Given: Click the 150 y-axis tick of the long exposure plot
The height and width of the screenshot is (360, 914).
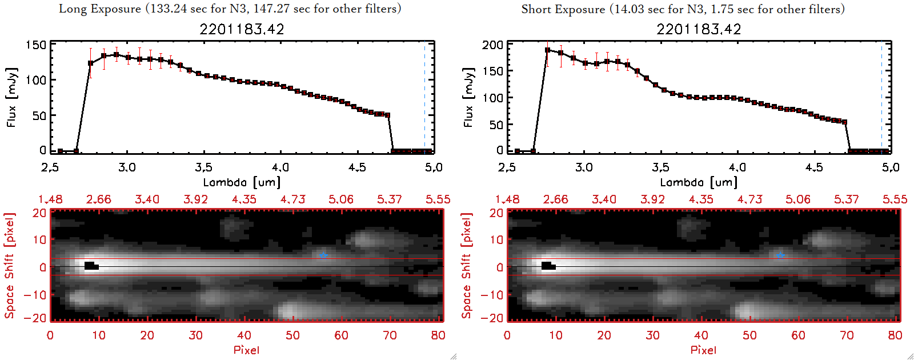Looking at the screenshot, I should pyautogui.click(x=35, y=45).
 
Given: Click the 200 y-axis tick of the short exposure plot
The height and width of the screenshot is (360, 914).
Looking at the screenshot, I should pyautogui.click(x=492, y=45).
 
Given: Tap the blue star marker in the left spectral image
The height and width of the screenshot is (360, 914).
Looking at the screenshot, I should pyautogui.click(x=323, y=255).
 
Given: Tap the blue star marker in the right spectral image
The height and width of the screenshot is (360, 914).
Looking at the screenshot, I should pyautogui.click(x=780, y=255).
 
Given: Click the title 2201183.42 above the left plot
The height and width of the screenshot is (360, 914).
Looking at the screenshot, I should pyautogui.click(x=242, y=29).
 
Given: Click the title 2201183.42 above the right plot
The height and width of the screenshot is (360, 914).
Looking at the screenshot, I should pyautogui.click(x=699, y=29).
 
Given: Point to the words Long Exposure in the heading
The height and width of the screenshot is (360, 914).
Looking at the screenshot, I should pyautogui.click(x=100, y=9).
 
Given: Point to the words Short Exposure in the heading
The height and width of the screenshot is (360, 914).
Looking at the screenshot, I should pyautogui.click(x=563, y=9).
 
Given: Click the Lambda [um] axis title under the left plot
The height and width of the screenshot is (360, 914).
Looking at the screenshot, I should pyautogui.click(x=242, y=182).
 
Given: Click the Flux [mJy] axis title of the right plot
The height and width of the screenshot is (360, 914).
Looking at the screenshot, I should pyautogui.click(x=468, y=97).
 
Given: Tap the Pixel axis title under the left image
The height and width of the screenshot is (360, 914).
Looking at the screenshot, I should pyautogui.click(x=246, y=350).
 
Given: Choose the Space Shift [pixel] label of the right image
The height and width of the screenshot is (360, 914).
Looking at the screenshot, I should pyautogui.click(x=467, y=266).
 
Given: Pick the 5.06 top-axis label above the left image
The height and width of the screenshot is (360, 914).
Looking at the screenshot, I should pyautogui.click(x=341, y=199).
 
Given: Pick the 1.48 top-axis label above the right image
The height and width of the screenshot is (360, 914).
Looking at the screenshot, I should pyautogui.click(x=507, y=199).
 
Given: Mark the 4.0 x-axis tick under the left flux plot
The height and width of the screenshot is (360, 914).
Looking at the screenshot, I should pyautogui.click(x=280, y=167).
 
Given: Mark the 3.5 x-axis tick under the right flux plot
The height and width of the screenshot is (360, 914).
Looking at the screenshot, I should pyautogui.click(x=660, y=167).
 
